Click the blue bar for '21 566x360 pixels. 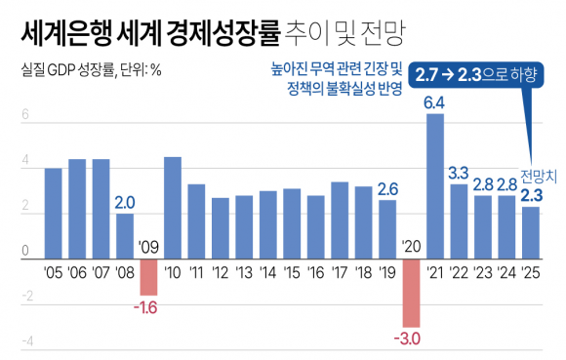click(x=435, y=185)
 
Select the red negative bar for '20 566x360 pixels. click(x=411, y=292)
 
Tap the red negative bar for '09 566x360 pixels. click(x=148, y=276)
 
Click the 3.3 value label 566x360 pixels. click(x=459, y=173)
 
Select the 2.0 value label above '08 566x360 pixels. click(x=125, y=203)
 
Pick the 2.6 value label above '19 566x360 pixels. click(x=387, y=189)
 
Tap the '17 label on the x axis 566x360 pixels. click(x=340, y=270)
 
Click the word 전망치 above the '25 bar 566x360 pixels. click(x=538, y=178)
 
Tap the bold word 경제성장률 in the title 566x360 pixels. click(x=219, y=34)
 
